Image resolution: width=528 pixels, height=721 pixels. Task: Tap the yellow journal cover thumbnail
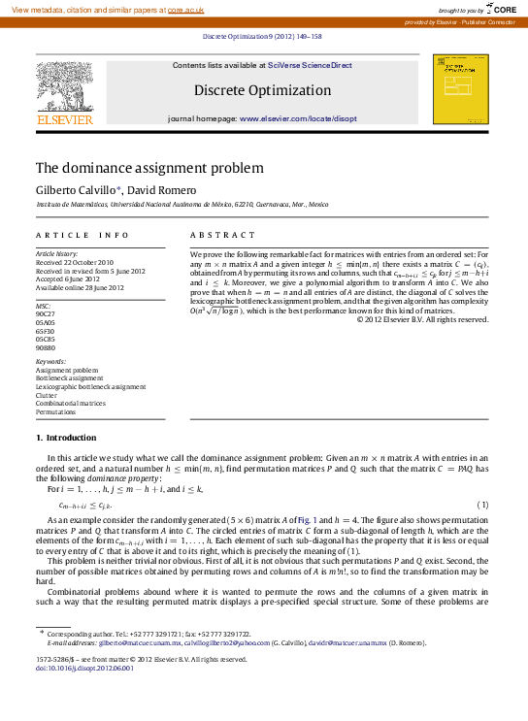[460, 88]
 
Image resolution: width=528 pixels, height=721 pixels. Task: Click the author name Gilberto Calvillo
[77, 188]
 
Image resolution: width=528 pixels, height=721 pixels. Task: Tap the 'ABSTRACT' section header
[222, 235]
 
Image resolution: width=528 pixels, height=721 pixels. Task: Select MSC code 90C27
[46, 314]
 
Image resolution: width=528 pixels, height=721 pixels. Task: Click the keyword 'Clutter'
[46, 395]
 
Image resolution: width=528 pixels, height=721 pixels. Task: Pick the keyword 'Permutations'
[56, 411]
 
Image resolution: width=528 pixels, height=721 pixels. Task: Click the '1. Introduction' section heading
[65, 438]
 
